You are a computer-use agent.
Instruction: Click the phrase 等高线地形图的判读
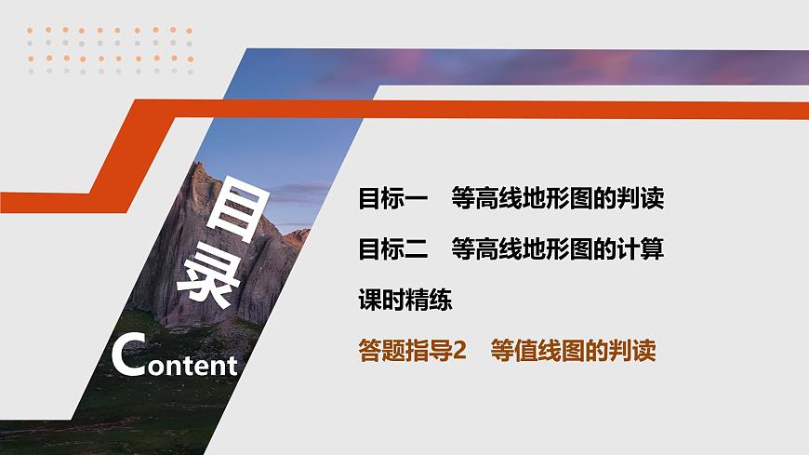click(557, 198)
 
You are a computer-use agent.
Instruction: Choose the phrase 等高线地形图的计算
click(557, 249)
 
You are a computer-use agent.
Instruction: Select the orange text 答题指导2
click(411, 351)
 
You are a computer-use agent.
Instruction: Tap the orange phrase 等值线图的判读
click(575, 351)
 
